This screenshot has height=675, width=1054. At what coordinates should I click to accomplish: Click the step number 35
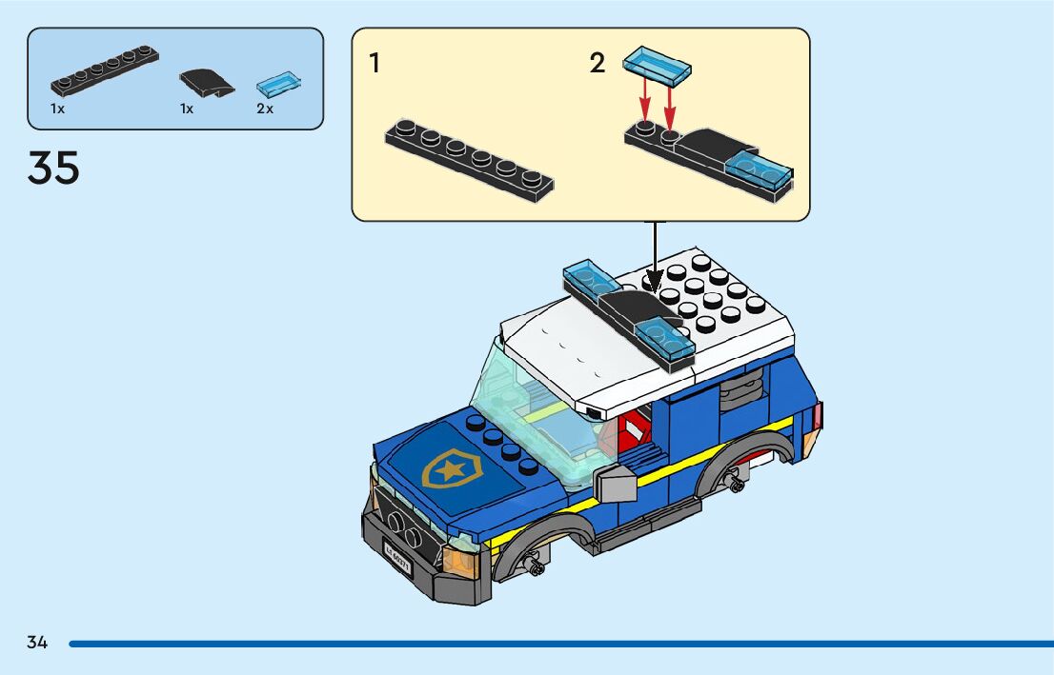coord(53,169)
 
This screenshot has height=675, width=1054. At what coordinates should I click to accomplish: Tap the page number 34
coord(37,643)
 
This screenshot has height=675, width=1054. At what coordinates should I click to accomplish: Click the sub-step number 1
coord(375,64)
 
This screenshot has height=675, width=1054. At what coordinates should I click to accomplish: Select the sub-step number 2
coord(598,64)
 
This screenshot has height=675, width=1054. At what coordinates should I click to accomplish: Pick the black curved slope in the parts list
coord(208,82)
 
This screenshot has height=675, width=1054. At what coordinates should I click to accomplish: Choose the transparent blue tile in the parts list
coord(282,84)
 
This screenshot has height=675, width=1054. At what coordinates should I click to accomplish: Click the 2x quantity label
coord(265,109)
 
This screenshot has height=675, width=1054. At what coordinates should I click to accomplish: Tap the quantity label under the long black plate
coord(58,109)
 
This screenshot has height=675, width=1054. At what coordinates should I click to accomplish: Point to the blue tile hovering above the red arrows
coord(657,63)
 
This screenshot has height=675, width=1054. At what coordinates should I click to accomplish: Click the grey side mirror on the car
coord(616,484)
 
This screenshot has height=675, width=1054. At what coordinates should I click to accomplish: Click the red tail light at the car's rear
coord(819,416)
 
